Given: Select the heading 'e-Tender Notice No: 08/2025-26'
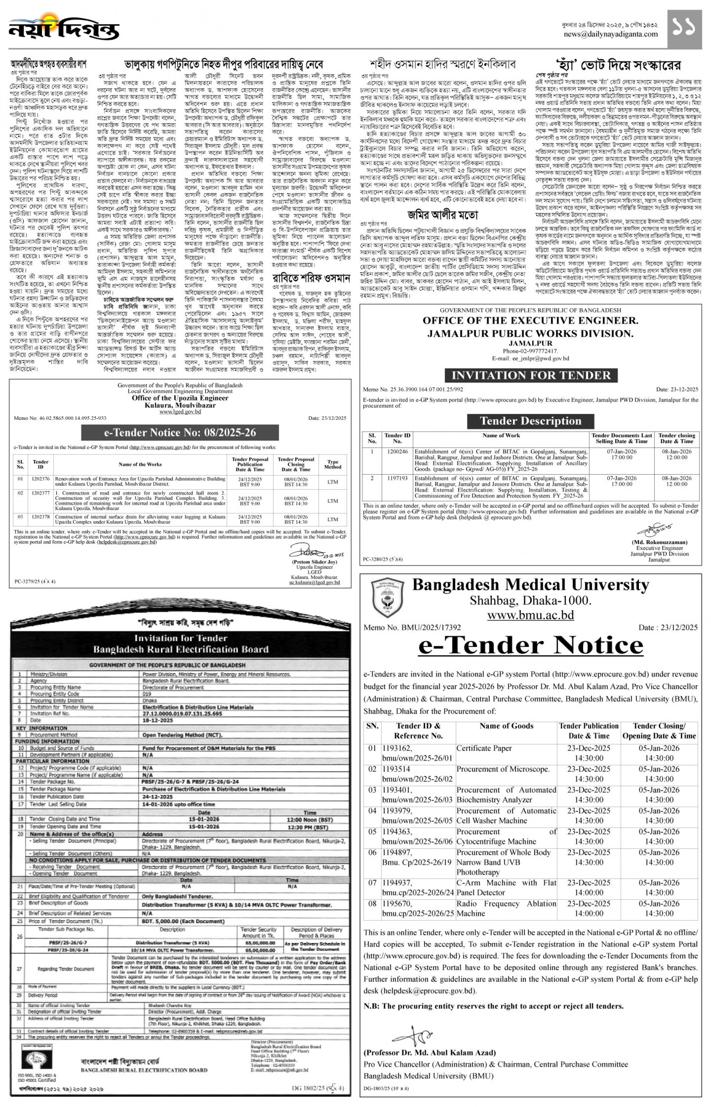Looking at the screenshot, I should [x=180, y=432].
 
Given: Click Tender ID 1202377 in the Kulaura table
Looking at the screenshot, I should [x=41, y=493].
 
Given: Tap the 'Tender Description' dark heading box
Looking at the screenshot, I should [x=530, y=421].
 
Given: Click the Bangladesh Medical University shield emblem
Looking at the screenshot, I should [x=387, y=598].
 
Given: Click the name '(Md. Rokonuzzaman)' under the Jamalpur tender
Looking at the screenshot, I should [x=659, y=542].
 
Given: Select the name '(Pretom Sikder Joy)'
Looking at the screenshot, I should [x=315, y=562].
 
